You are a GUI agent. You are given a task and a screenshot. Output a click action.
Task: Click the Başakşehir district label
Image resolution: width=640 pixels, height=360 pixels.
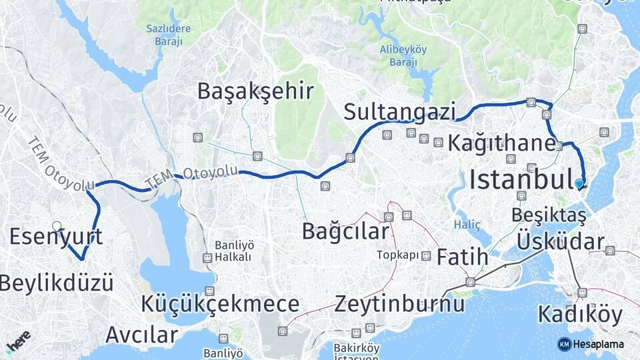pos(255,91)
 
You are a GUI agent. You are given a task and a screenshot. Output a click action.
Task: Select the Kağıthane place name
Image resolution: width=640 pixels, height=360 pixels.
pos(501,142)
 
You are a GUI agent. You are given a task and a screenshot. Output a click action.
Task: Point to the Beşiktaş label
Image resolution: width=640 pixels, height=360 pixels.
pos(549,215)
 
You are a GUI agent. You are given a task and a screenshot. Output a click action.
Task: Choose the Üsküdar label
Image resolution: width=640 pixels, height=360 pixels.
pos(561,241)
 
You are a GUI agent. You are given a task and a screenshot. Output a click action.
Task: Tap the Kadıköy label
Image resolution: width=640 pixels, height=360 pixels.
pos(579,314)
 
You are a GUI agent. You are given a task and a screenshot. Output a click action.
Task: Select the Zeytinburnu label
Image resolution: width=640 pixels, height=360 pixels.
pos(399,305)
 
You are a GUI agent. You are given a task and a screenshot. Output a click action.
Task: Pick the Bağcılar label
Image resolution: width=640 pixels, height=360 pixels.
pos(345,231)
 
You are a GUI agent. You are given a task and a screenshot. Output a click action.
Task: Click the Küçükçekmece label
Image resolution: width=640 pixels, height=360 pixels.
pos(220,305)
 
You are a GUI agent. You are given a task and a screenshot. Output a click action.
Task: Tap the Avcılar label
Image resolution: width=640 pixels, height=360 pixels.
pos(141,333)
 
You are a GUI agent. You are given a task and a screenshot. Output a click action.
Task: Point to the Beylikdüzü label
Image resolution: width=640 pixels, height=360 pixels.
pos(56,283)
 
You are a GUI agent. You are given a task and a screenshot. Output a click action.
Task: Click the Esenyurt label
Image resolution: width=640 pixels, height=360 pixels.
pos(56,237)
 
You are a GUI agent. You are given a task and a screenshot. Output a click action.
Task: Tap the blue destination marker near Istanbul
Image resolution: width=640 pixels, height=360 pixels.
pos(579,183)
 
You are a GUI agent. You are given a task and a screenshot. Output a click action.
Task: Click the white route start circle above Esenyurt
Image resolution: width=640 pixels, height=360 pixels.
pos(57,226)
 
